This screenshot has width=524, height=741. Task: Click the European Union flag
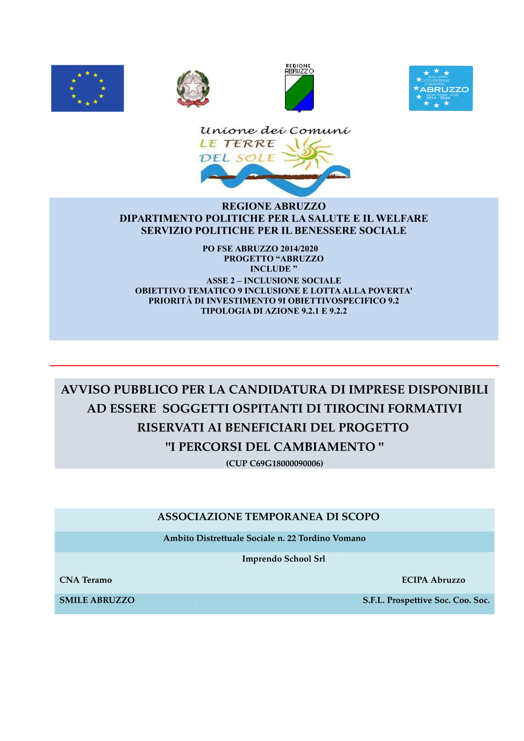[x=87, y=88]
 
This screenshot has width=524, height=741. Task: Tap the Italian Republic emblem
[x=193, y=88]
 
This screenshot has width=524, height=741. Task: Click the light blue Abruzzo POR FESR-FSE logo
[x=440, y=88]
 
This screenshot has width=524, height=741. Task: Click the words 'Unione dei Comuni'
[x=275, y=131]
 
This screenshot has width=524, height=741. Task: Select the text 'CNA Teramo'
[x=86, y=580]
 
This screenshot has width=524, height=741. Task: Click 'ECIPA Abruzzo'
[x=433, y=580]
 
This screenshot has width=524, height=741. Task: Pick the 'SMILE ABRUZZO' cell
[x=97, y=600]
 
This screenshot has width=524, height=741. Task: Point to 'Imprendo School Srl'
[x=283, y=559]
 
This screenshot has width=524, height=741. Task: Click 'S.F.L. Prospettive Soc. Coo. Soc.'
[x=426, y=600]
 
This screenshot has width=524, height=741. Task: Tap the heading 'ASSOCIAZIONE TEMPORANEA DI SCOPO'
[x=268, y=517]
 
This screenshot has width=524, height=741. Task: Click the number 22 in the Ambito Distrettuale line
[x=291, y=538]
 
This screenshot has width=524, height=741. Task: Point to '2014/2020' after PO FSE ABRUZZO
[x=299, y=248]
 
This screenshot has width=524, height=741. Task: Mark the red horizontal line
[x=274, y=366]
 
